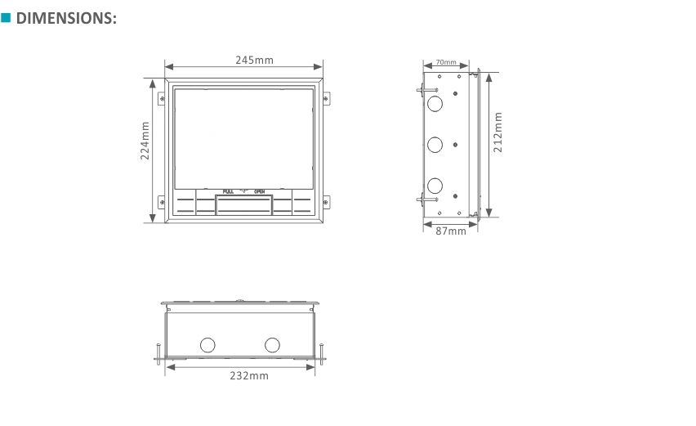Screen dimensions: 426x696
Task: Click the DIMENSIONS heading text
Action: click(66, 18)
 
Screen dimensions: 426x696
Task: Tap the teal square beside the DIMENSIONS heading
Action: click(6, 17)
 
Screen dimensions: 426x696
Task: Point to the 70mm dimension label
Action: click(446, 62)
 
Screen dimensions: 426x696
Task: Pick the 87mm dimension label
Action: click(451, 231)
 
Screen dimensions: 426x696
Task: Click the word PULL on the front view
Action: click(228, 191)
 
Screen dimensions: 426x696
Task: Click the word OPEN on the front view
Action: click(260, 191)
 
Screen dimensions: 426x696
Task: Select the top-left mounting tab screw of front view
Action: click(162, 100)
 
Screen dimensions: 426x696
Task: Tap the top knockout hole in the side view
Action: click(435, 104)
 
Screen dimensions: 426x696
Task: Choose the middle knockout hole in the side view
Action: click(435, 145)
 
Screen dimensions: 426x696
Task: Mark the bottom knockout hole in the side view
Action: click(435, 185)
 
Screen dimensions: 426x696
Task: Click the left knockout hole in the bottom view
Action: click(207, 344)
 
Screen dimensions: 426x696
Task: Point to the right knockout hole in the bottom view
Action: click(272, 344)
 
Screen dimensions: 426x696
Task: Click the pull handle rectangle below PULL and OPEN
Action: click(243, 204)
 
